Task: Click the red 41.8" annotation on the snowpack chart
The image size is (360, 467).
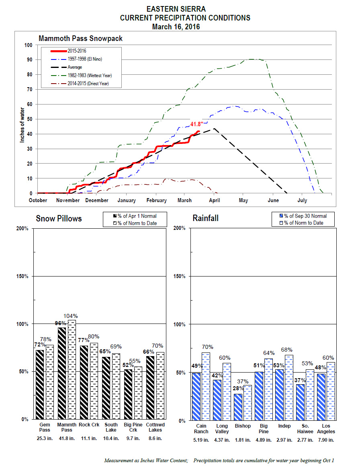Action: [197, 124]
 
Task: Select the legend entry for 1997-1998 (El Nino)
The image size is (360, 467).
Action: [77, 59]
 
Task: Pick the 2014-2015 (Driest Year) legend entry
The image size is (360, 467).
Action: [80, 84]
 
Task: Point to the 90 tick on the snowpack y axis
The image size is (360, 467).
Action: [29, 59]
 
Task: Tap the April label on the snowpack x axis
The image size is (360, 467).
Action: [215, 200]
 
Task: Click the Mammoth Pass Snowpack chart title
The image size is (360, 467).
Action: [81, 39]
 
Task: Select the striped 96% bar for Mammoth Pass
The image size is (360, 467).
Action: [62, 373]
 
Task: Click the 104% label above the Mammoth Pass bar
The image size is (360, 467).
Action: [71, 316]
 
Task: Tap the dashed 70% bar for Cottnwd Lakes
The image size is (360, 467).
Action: [160, 386]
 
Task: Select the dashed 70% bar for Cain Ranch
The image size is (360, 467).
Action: [206, 387]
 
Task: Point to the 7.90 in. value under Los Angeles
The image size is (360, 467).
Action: [326, 440]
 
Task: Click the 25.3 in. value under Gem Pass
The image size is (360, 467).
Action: [45, 438]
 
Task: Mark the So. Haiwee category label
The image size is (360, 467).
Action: [305, 429]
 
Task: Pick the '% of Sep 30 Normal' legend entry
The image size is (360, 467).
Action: [303, 216]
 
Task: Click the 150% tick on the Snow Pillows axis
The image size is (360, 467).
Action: [22, 277]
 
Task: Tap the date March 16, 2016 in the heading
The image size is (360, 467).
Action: [176, 27]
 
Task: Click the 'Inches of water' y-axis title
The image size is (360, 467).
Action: [22, 125]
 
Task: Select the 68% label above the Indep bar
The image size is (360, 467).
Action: [287, 350]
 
